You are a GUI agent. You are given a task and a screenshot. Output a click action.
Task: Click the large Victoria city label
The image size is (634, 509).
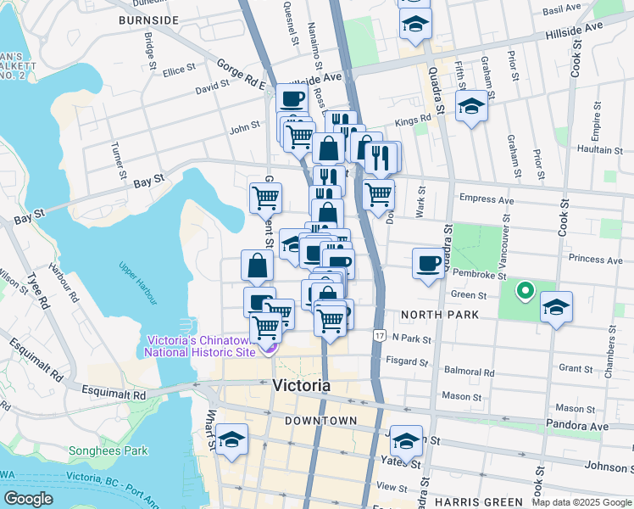[x=302, y=386]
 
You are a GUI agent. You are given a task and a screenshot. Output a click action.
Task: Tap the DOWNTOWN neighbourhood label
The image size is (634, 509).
[x=320, y=421]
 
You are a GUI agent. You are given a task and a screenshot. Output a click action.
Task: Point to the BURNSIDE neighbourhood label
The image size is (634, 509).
[x=148, y=20]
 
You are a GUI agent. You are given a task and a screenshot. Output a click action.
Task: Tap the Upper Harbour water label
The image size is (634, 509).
[x=138, y=283]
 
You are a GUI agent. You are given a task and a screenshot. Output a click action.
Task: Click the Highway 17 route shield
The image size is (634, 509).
[x=378, y=337]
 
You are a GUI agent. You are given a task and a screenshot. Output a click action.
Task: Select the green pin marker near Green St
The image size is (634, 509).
[x=525, y=292]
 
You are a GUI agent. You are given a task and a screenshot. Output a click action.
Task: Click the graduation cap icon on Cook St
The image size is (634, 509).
[x=556, y=306]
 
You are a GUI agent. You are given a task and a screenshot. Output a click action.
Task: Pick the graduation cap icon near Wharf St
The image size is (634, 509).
[x=231, y=439]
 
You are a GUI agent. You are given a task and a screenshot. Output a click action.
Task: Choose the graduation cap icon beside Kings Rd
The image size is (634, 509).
[x=470, y=106]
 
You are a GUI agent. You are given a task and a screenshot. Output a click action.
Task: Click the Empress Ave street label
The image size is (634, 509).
[x=487, y=200]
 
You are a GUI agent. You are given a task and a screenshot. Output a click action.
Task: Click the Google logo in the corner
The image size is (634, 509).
[x=29, y=498]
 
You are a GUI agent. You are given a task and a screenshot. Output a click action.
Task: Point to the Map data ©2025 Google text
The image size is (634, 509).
[x=581, y=502]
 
